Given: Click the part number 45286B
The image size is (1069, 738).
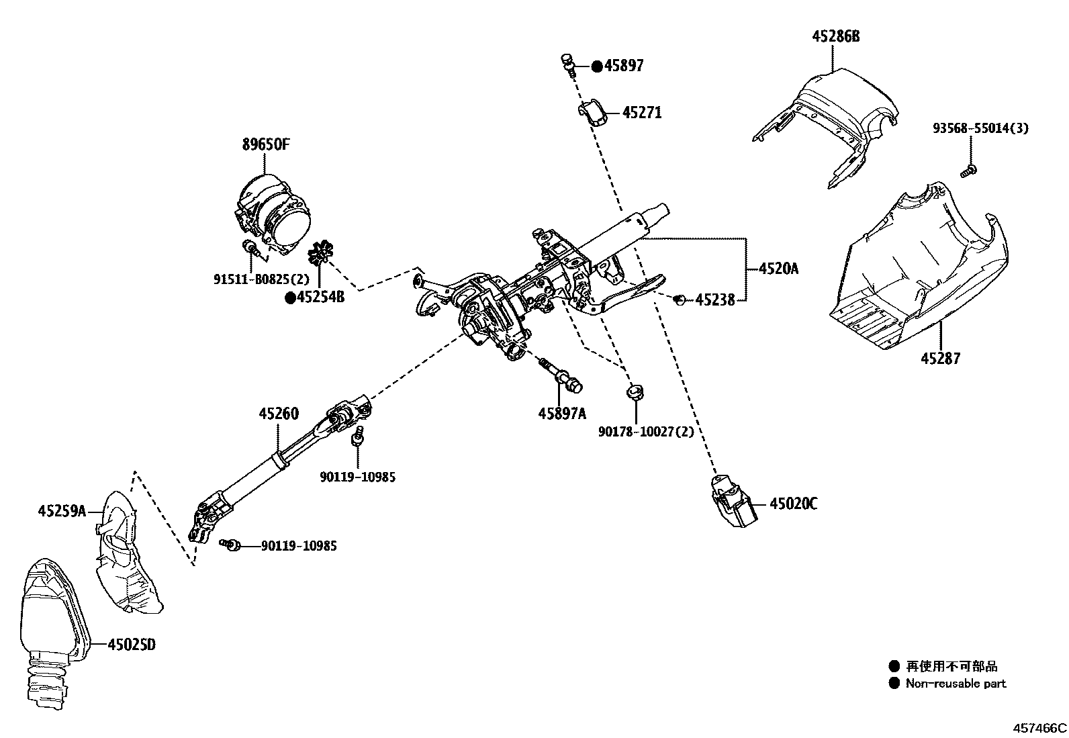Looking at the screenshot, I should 835,36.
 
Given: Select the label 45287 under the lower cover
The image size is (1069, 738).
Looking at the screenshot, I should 940,358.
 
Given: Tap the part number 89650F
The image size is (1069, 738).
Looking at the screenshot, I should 265,144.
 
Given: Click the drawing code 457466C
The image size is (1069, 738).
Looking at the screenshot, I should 1039,727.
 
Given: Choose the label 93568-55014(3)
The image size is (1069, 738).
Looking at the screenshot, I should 980,128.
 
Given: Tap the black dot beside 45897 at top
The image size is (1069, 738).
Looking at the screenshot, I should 596,66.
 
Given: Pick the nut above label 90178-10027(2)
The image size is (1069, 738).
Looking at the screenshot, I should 635,391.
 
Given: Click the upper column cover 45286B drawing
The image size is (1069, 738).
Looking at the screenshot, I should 829,121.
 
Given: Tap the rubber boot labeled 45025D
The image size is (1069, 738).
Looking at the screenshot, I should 50,625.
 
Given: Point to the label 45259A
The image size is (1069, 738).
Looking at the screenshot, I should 62,512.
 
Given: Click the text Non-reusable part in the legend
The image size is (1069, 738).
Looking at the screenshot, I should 956,684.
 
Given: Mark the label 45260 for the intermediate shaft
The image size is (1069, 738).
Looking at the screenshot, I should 279,414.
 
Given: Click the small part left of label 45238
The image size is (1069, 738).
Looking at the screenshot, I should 679,299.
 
